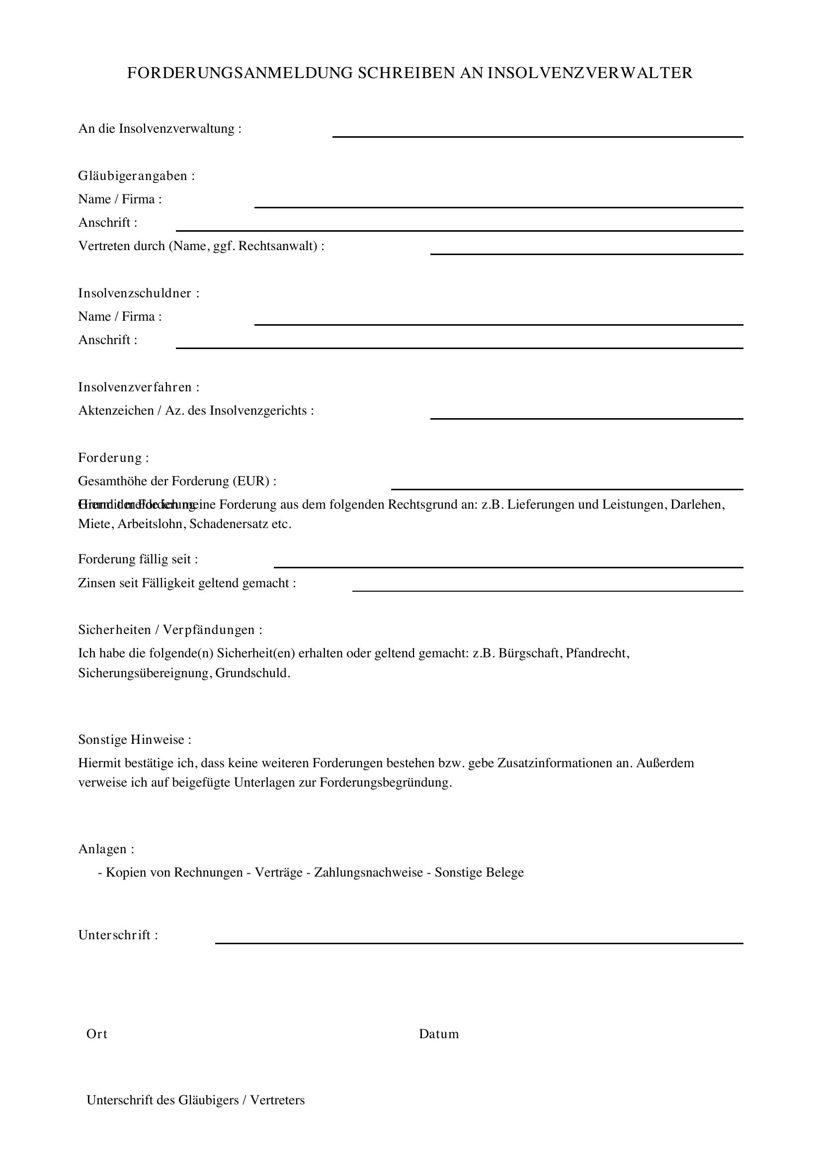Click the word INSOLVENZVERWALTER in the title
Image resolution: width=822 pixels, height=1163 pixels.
tap(590, 73)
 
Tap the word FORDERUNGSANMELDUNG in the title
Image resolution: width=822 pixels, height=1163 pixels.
tap(240, 73)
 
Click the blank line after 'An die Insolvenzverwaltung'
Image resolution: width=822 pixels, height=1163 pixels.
tap(537, 135)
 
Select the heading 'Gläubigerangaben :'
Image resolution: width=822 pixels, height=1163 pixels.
tap(137, 176)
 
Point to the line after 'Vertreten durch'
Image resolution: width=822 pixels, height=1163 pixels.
tap(586, 253)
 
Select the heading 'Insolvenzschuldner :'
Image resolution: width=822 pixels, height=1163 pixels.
tap(139, 293)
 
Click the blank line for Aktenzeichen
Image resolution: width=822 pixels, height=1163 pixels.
tap(586, 417)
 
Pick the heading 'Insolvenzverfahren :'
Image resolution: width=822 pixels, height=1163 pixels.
tap(139, 387)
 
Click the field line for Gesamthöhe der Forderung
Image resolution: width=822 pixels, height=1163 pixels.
tap(567, 488)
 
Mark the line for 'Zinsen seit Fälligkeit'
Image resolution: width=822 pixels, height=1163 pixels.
tap(547, 590)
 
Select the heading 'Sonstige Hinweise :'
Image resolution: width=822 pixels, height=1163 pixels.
tap(135, 739)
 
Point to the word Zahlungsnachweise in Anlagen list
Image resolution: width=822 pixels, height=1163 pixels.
tap(368, 872)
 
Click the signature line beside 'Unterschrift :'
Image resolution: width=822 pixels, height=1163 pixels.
tap(479, 942)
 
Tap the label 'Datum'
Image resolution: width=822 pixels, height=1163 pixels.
tap(438, 1034)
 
